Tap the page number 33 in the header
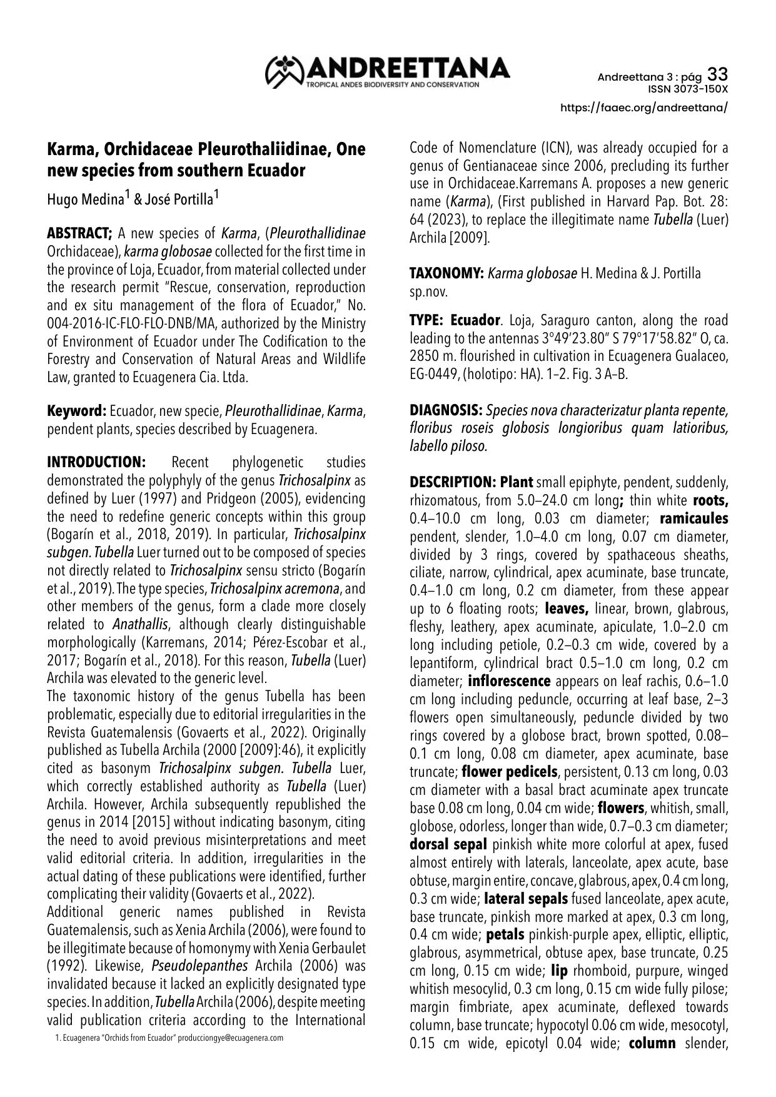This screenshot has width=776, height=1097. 717,75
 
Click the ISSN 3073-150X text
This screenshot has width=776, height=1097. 688,89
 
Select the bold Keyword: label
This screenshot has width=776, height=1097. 77,411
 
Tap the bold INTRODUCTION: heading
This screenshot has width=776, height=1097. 96,462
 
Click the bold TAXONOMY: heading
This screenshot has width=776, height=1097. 446,273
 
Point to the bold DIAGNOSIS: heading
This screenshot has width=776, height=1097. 446,411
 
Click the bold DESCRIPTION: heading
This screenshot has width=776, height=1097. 452,482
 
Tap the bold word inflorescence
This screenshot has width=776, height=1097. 509,680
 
